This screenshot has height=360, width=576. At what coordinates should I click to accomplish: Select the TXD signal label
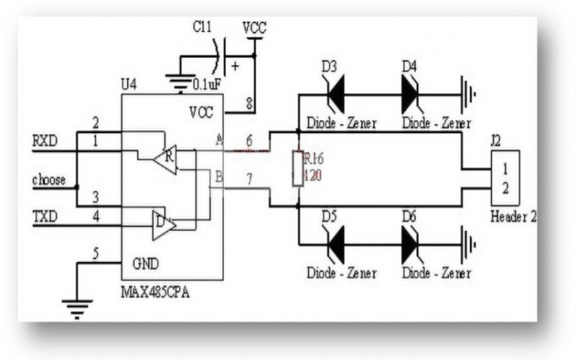point(45,215)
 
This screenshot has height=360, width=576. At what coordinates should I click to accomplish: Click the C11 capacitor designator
point(202,28)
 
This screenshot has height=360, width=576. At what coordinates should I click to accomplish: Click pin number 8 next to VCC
point(249,103)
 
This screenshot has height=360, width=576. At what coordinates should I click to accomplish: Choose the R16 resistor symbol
point(297,168)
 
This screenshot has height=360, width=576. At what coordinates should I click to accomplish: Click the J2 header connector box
point(505,178)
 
